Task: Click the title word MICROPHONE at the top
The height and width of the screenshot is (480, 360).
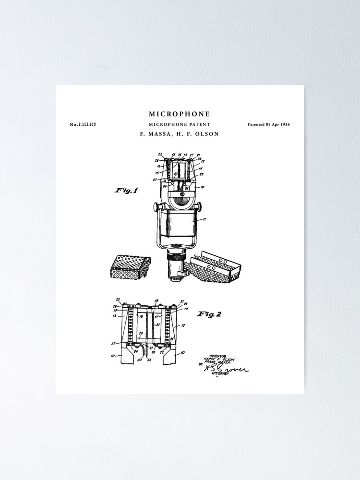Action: [179, 114]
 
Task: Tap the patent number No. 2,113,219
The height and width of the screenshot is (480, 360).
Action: [83, 124]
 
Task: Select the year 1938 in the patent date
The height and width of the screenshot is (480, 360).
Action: [284, 124]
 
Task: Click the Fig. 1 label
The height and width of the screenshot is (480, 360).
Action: [126, 191]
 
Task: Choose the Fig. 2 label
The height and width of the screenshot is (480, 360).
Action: [209, 314]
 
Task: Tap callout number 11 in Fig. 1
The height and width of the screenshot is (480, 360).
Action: [204, 219]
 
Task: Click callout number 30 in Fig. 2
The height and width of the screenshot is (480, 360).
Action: [139, 359]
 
